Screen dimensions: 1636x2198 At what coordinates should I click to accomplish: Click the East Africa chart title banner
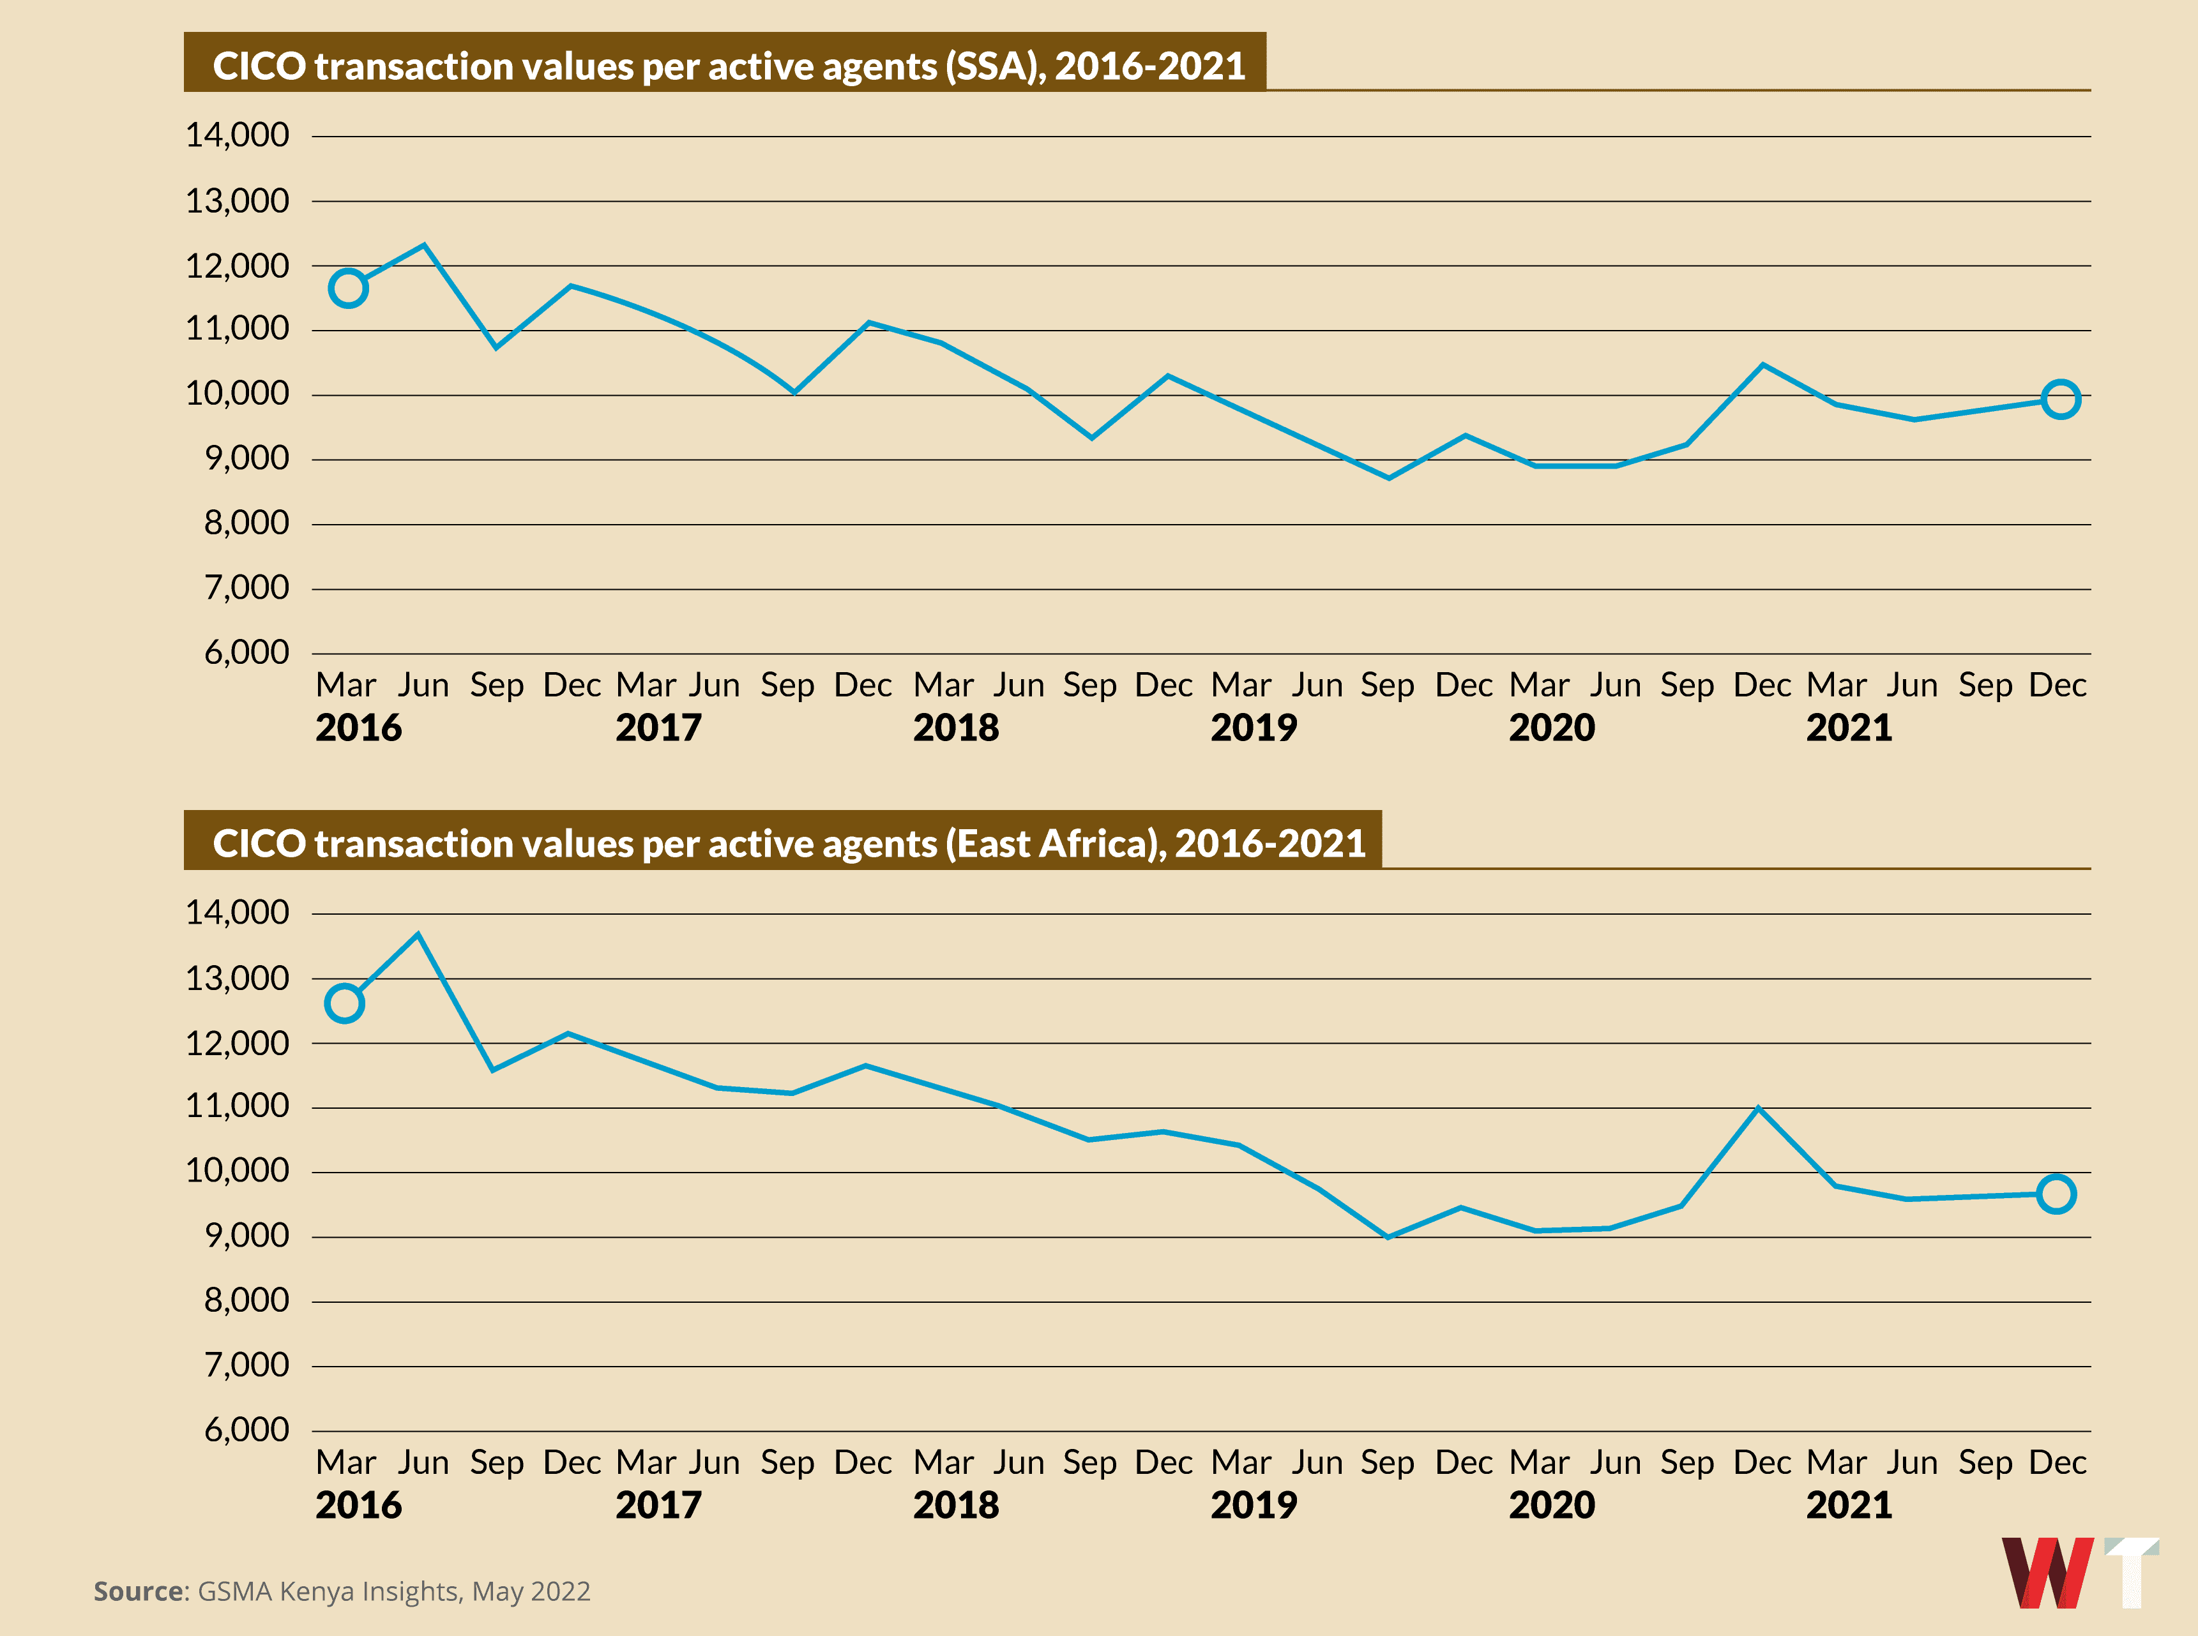click(782, 842)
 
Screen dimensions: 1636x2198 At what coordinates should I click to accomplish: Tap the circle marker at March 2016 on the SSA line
click(347, 288)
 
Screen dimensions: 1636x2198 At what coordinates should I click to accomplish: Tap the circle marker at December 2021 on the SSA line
click(2060, 399)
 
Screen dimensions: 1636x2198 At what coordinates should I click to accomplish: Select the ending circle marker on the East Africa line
click(2056, 1194)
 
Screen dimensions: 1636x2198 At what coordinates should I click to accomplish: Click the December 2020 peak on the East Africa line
click(1758, 1107)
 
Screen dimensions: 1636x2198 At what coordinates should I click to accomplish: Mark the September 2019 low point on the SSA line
click(1389, 477)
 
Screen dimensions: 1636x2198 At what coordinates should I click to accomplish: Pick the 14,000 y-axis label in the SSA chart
click(238, 135)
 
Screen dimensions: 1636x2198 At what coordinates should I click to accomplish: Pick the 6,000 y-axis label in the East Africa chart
click(246, 1429)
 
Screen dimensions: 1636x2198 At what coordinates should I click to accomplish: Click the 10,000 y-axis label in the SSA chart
click(238, 393)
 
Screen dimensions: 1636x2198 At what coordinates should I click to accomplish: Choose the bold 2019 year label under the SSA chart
click(1253, 728)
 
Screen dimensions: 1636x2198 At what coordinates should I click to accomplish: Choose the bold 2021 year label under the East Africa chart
click(1848, 1505)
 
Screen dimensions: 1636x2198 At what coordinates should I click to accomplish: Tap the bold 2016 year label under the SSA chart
click(359, 728)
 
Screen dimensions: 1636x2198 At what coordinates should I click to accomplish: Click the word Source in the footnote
click(139, 1591)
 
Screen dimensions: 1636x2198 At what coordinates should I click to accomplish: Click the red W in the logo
click(2047, 1573)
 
